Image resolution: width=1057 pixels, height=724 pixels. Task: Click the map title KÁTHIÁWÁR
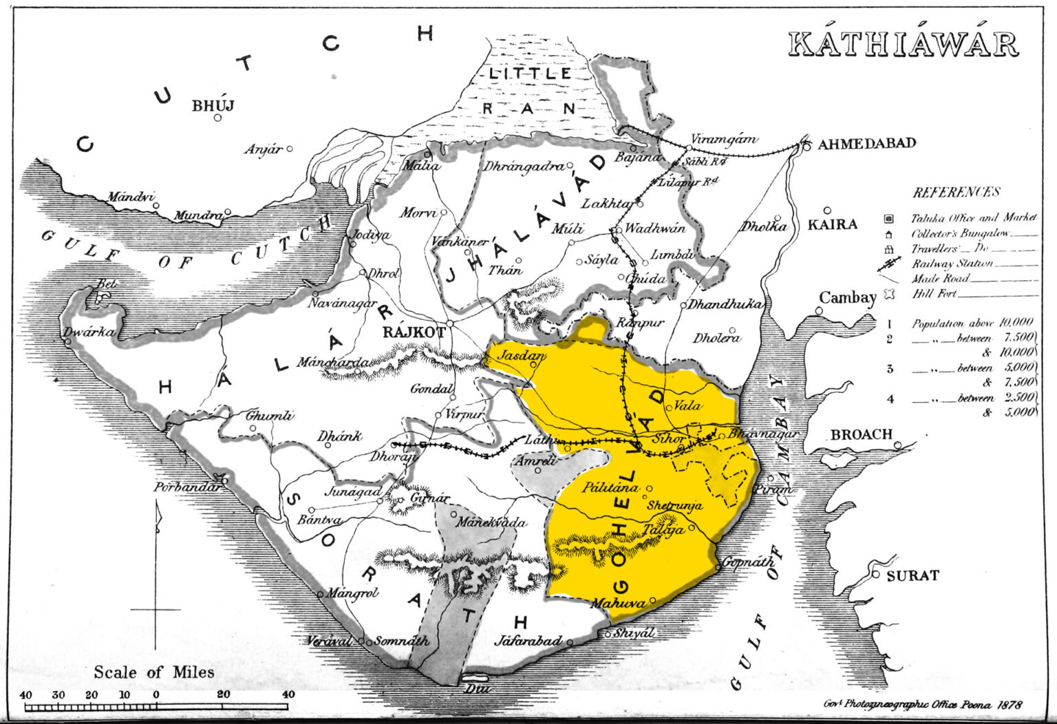(902, 45)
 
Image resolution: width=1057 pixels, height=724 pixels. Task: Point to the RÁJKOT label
(414, 332)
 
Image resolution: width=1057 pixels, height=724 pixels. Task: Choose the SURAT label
(912, 575)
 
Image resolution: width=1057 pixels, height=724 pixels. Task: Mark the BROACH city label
(861, 435)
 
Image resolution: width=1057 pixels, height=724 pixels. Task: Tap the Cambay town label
(846, 298)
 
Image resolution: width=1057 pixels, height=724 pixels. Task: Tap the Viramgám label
(723, 139)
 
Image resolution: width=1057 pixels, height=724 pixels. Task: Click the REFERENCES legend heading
(956, 192)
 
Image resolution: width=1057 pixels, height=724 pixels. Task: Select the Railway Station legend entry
(952, 264)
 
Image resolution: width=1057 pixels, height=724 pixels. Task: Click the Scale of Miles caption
(154, 672)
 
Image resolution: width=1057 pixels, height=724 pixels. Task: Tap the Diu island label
(474, 688)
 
